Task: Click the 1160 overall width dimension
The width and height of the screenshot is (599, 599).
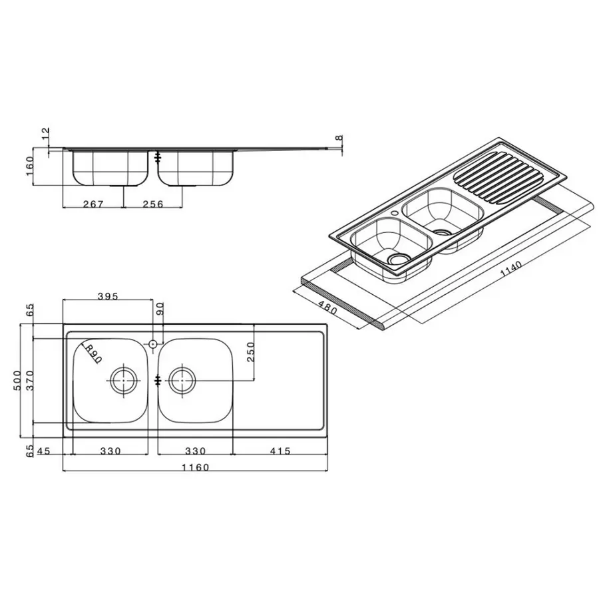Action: click(195, 467)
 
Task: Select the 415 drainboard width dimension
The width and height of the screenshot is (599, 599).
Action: click(280, 451)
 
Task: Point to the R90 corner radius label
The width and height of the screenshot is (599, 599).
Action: click(91, 352)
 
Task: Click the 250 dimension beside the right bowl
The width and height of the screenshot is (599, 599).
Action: click(250, 352)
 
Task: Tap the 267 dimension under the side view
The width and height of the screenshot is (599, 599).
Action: click(93, 204)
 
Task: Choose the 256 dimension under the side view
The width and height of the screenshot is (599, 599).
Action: click(152, 204)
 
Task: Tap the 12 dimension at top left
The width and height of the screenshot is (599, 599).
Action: click(45, 135)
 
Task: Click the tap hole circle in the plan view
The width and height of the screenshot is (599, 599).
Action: click(152, 344)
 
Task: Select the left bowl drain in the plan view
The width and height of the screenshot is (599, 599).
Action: click(123, 381)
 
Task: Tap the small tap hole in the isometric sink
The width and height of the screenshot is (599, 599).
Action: click(396, 214)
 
